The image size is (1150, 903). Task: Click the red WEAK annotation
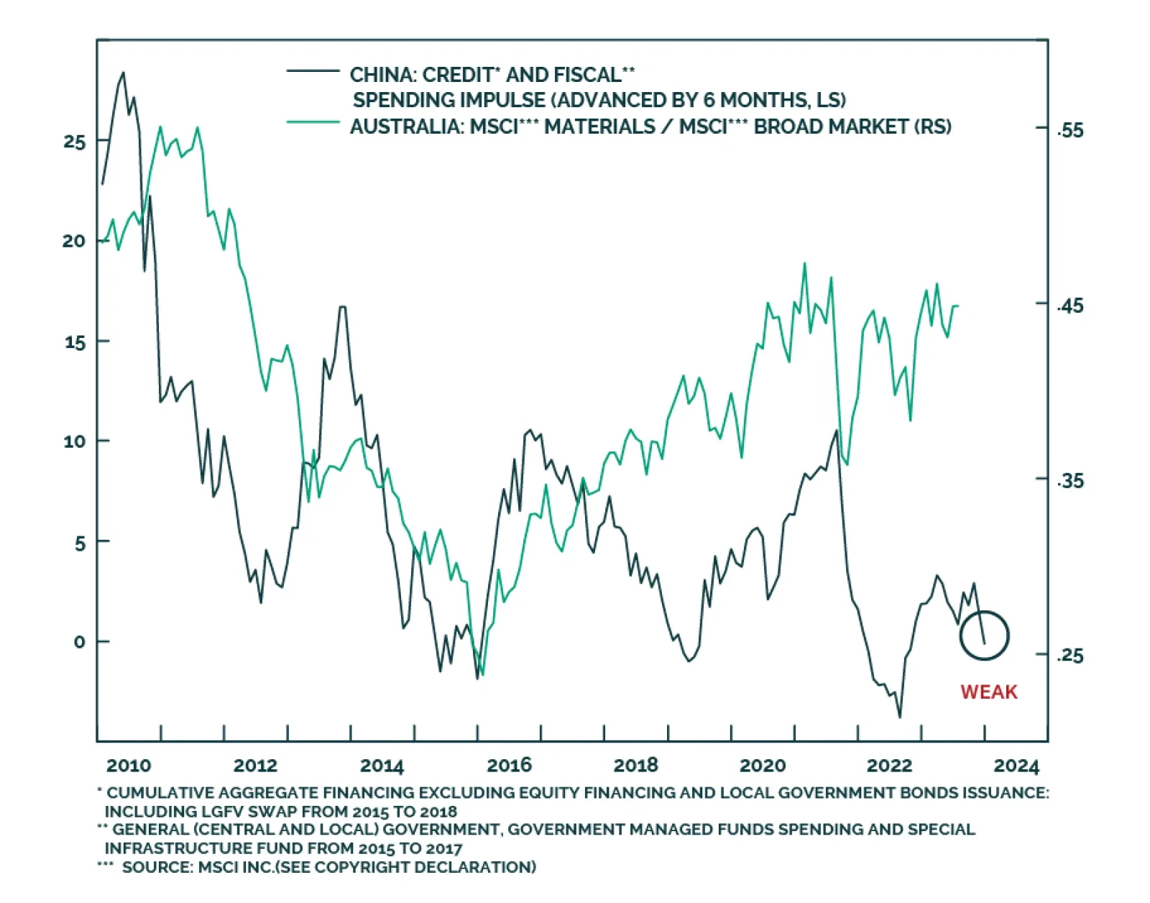tap(988, 692)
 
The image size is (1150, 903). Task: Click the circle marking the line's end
tap(985, 636)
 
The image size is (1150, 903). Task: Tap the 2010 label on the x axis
tap(129, 766)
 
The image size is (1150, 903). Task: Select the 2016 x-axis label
tap(509, 766)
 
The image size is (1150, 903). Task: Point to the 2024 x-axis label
tap(1016, 766)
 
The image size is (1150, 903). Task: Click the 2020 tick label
tap(763, 766)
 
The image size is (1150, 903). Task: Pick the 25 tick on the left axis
tap(74, 142)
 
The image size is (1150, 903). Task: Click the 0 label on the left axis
tap(79, 642)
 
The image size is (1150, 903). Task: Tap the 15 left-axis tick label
tap(74, 342)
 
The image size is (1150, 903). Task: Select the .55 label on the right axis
tap(1069, 130)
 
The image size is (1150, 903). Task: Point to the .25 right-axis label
tap(1069, 655)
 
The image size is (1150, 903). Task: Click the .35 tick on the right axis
tap(1069, 480)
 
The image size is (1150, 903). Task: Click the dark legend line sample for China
tap(313, 71)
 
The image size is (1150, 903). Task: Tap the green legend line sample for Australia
tap(313, 123)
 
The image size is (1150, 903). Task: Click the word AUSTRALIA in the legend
tap(404, 127)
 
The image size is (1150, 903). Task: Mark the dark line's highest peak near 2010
tap(123, 73)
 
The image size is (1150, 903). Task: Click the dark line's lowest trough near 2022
tap(899, 717)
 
